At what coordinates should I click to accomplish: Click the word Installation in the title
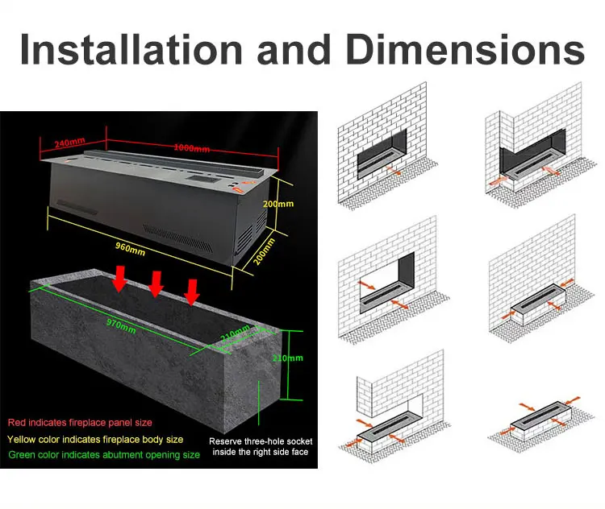[131, 49]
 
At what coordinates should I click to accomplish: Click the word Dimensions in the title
[465, 49]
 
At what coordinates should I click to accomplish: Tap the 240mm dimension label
[69, 143]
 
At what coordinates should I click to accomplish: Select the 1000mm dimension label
[192, 148]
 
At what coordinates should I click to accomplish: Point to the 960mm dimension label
[131, 249]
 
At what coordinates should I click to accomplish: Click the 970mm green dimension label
[121, 326]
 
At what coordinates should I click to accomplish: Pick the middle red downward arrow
[156, 284]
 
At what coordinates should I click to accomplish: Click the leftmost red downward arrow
[119, 279]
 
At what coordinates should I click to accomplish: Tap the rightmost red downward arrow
[192, 292]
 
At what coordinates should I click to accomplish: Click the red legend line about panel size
[80, 423]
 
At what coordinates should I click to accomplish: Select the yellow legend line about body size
[95, 439]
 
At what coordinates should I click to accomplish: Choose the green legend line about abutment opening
[104, 455]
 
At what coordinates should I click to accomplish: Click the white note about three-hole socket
[261, 446]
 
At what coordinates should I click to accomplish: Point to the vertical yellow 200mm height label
[278, 204]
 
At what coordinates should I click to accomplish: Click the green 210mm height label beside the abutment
[288, 358]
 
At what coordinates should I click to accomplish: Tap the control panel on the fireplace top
[202, 179]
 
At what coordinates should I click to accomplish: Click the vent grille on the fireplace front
[177, 239]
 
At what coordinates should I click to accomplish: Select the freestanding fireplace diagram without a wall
[541, 423]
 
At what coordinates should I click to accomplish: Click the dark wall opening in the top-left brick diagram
[382, 154]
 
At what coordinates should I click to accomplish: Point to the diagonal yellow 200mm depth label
[265, 251]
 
